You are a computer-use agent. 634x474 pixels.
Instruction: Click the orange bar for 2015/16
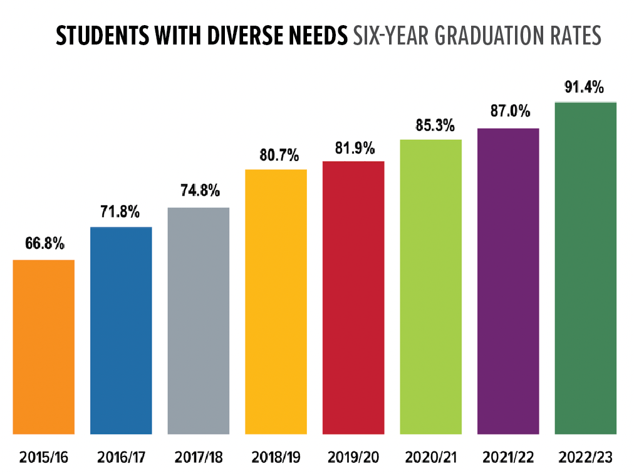[x=44, y=346]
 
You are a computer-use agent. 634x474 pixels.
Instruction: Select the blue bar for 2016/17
[x=121, y=330]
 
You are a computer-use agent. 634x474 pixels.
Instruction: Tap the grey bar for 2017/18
[x=199, y=320]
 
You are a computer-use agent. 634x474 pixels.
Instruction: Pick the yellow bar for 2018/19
[x=276, y=301]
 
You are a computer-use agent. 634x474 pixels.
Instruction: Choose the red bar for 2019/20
[x=353, y=297]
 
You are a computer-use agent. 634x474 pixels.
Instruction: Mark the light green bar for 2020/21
[x=430, y=286]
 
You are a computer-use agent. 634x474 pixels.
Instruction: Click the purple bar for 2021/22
[x=508, y=280]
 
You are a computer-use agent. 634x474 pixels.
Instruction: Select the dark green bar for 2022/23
[x=585, y=267]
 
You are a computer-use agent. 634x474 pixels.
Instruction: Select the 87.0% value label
[x=509, y=113]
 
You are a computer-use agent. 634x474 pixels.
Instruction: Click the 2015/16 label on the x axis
[x=44, y=456]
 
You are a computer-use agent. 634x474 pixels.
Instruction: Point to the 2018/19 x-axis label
[x=276, y=456]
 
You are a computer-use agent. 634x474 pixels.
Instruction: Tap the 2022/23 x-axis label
[x=585, y=456]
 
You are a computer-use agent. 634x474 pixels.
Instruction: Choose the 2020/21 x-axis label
[x=430, y=456]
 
